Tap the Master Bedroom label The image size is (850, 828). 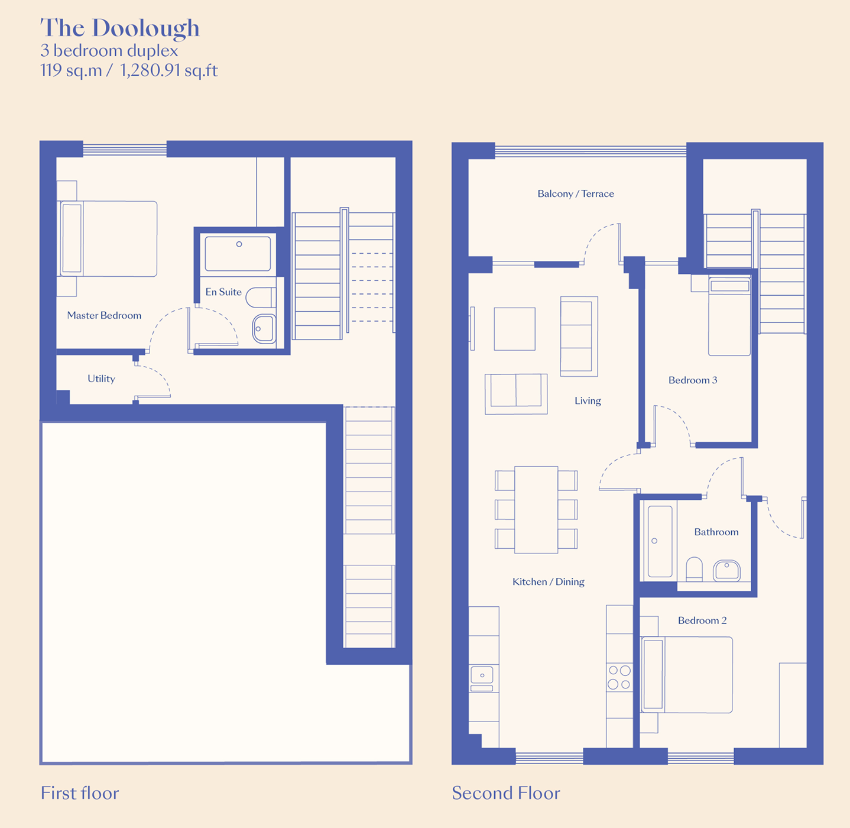pyautogui.click(x=105, y=315)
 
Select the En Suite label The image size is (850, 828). pyautogui.click(x=223, y=292)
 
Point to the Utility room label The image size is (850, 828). pyautogui.click(x=101, y=379)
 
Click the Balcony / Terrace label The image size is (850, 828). pyautogui.click(x=576, y=193)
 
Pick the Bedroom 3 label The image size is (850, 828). pyautogui.click(x=693, y=380)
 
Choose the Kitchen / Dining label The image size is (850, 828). pyautogui.click(x=548, y=581)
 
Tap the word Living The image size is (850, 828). pyautogui.click(x=588, y=400)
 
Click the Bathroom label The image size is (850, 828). pyautogui.click(x=716, y=532)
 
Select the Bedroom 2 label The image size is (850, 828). pyautogui.click(x=702, y=620)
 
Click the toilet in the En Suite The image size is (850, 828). pyautogui.click(x=261, y=297)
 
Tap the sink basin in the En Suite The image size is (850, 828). pyautogui.click(x=264, y=329)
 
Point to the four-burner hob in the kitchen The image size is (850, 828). pyautogui.click(x=619, y=677)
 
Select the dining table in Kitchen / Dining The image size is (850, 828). pyautogui.click(x=536, y=509)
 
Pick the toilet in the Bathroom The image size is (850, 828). pyautogui.click(x=694, y=569)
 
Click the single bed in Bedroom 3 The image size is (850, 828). pyautogui.click(x=729, y=316)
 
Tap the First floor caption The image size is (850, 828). pyautogui.click(x=79, y=793)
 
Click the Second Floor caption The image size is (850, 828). pyautogui.click(x=506, y=793)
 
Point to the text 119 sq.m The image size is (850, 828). pyautogui.click(x=71, y=70)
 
